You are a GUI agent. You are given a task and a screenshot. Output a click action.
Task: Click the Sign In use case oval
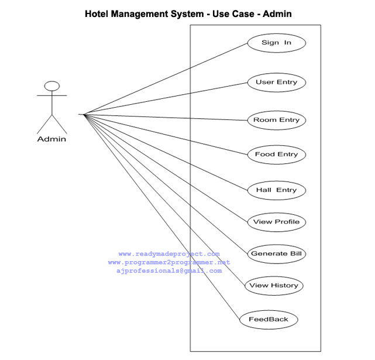[x=276, y=43]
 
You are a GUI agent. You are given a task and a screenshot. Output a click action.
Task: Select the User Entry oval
[x=276, y=83]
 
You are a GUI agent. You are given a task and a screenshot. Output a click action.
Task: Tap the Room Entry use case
[x=276, y=120]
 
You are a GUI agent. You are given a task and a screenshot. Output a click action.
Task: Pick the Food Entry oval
[x=276, y=155]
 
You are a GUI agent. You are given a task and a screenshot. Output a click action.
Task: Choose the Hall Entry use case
[x=276, y=190]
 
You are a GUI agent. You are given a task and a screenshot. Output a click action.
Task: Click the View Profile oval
[x=276, y=222]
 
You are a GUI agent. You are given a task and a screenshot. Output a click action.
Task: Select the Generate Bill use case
[x=276, y=254]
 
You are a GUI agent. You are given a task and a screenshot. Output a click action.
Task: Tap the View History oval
[x=273, y=286]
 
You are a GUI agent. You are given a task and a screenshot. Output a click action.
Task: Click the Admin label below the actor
[x=51, y=139]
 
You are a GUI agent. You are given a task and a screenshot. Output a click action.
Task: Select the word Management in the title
[x=147, y=13]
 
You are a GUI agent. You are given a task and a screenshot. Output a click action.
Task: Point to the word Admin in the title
[x=277, y=13]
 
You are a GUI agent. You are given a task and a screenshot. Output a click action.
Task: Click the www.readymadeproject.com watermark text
[x=169, y=254]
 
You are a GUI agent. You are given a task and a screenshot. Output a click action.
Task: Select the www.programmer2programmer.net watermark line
[x=169, y=262]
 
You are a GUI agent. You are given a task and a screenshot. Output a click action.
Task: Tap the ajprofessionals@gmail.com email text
[x=169, y=270]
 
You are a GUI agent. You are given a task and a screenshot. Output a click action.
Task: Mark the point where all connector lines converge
[x=84, y=114]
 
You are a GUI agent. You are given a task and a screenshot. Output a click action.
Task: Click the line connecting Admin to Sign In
[x=170, y=77]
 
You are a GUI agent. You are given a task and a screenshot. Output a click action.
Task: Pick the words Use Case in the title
[x=232, y=13]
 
